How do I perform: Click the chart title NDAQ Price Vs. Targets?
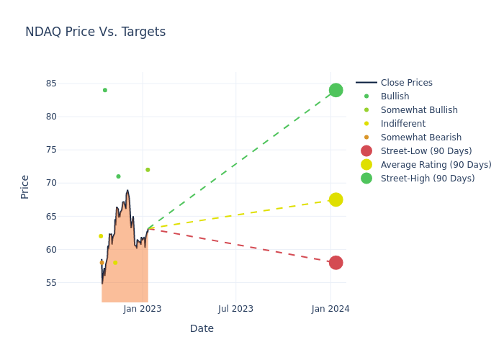pyautogui.click(x=95, y=32)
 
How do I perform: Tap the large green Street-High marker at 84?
pyautogui.click(x=336, y=90)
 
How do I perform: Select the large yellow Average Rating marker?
pyautogui.click(x=336, y=199)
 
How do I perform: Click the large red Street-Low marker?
pyautogui.click(x=336, y=263)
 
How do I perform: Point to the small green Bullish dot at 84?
pyautogui.click(x=105, y=90)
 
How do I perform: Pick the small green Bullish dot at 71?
pyautogui.click(x=118, y=176)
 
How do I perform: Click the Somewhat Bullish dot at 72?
pyautogui.click(x=148, y=170)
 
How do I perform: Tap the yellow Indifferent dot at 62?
pyautogui.click(x=101, y=236)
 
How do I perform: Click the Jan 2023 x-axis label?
pyautogui.click(x=143, y=309)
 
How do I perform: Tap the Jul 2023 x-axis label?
pyautogui.click(x=236, y=309)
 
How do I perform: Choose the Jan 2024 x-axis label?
pyautogui.click(x=330, y=309)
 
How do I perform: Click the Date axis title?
pyautogui.click(x=202, y=329)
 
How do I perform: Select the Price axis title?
pyautogui.click(x=25, y=186)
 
